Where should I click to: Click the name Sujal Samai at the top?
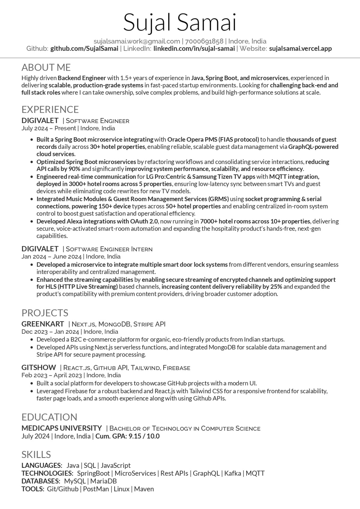click(x=180, y=23)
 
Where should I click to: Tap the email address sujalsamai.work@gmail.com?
click(x=136, y=41)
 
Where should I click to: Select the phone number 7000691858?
click(x=204, y=41)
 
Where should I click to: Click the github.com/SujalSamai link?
click(x=84, y=49)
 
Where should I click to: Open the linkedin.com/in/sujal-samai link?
click(x=194, y=49)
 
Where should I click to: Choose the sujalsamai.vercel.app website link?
click(x=300, y=49)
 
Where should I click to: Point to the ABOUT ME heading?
click(x=46, y=67)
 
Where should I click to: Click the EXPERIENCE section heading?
click(x=50, y=109)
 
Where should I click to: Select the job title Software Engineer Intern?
click(x=109, y=249)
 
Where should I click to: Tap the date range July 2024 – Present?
click(x=49, y=128)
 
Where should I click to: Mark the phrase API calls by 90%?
click(x=58, y=169)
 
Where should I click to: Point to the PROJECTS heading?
click(x=45, y=313)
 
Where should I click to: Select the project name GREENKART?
click(x=43, y=324)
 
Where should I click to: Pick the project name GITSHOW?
click(x=38, y=368)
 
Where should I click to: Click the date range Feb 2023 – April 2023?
click(x=52, y=375)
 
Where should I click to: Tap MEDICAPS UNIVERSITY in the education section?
click(x=61, y=428)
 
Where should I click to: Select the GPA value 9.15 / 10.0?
click(x=144, y=436)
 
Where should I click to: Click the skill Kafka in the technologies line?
click(x=232, y=473)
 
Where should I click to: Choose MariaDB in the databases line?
click(x=103, y=481)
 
